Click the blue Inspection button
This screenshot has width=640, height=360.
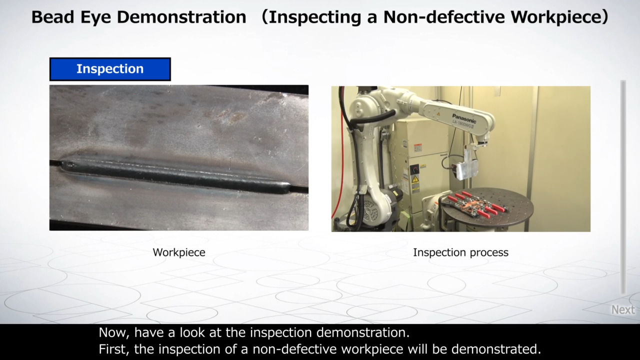tap(110, 69)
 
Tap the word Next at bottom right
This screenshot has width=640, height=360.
tap(623, 309)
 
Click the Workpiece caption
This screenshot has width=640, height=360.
tap(179, 252)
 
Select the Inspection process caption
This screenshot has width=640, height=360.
tap(460, 252)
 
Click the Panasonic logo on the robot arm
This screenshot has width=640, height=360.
tap(464, 118)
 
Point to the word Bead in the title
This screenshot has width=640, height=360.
tap(53, 17)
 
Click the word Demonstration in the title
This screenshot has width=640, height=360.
tap(181, 17)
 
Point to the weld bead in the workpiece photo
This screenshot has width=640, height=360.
tap(175, 175)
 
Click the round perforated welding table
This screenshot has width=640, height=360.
tap(487, 206)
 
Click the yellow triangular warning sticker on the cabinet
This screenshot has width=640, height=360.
tap(415, 179)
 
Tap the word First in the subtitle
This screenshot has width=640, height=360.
tap(113, 349)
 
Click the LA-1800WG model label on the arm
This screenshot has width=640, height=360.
tap(463, 124)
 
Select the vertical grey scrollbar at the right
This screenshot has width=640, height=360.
tap(623, 187)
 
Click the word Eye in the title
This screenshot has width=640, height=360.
tap(95, 17)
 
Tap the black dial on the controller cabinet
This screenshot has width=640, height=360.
tap(414, 169)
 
